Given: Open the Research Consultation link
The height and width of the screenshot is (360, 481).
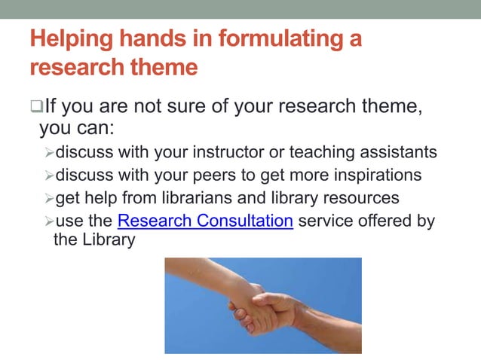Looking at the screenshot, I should [x=205, y=221].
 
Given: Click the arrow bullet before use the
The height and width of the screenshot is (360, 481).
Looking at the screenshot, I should [x=49, y=222].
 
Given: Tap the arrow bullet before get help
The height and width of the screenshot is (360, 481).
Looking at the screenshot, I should [x=49, y=200].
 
